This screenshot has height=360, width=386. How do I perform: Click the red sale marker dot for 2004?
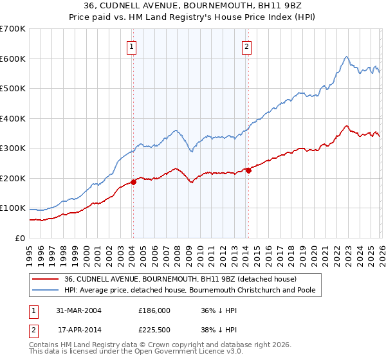pyautogui.click(x=134, y=182)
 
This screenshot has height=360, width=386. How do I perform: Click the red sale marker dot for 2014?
pyautogui.click(x=248, y=170)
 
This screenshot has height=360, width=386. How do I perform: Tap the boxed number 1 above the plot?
pyautogui.click(x=131, y=46)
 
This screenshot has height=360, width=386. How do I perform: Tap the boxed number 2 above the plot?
pyautogui.click(x=247, y=46)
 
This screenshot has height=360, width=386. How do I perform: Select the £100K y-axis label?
pyautogui.click(x=13, y=208)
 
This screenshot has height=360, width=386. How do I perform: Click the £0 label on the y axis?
pyautogui.click(x=21, y=239)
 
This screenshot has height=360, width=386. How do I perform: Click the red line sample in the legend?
pyautogui.click(x=46, y=280)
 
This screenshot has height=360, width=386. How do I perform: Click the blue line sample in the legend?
pyautogui.click(x=46, y=291)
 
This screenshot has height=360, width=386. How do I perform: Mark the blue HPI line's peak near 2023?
pyautogui.click(x=346, y=56)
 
